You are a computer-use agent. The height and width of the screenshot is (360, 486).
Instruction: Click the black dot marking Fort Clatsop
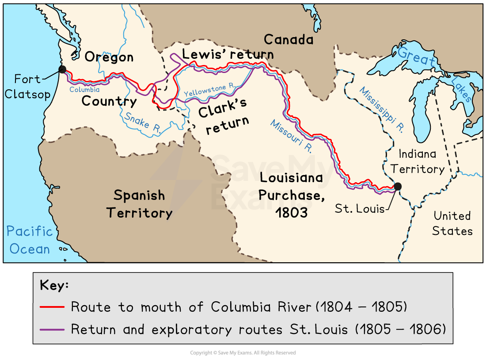tap(62, 69)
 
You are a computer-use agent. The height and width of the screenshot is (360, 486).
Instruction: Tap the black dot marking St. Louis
tap(398, 186)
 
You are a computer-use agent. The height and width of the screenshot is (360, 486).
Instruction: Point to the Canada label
tap(289, 40)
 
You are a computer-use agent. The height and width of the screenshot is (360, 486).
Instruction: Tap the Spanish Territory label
tap(139, 204)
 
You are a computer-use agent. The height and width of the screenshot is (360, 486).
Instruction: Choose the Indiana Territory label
tap(418, 161)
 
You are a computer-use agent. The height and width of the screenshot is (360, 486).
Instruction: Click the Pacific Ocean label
tap(30, 240)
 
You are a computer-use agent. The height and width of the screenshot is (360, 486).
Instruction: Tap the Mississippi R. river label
tap(382, 109)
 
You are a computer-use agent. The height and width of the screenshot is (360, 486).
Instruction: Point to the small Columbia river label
tap(84, 90)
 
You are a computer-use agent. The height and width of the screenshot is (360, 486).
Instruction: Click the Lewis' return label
tap(228, 54)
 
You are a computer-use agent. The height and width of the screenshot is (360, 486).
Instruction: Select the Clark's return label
tap(224, 115)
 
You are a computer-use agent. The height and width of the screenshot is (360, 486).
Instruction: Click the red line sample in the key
tap(52, 307)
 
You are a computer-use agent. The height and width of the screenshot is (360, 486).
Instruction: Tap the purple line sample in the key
tap(52, 329)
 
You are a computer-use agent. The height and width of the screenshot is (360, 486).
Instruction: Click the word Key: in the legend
tap(54, 285)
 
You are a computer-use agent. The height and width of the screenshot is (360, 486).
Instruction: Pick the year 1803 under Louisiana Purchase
tap(291, 213)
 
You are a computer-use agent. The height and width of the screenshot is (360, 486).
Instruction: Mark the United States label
tap(452, 223)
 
